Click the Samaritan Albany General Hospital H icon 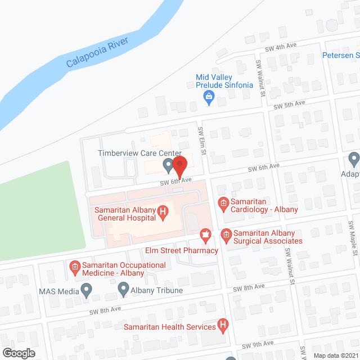(x=163, y=211)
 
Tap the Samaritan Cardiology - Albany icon (x=223, y=202)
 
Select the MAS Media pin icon (x=86, y=290)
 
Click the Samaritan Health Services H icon (x=223, y=325)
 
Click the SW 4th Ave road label (x=280, y=47)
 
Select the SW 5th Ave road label (x=289, y=105)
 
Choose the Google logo (x=18, y=353)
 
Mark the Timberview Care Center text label (x=139, y=153)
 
